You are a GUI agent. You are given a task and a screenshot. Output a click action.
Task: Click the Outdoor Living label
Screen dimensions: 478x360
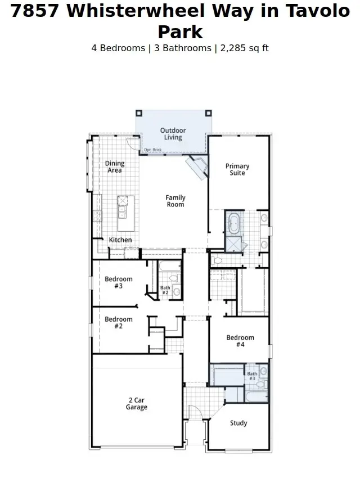(173, 134)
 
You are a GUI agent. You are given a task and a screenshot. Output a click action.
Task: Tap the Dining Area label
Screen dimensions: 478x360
(115, 167)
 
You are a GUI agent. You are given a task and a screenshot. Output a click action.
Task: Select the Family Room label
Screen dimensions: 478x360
(175, 201)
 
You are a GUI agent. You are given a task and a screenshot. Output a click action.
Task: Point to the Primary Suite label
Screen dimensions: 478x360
(237, 169)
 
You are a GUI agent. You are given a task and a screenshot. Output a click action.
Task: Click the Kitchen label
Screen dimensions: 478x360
(120, 240)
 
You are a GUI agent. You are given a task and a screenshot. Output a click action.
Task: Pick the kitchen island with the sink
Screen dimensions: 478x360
(122, 208)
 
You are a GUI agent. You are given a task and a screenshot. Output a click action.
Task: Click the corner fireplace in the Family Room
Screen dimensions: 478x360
(197, 166)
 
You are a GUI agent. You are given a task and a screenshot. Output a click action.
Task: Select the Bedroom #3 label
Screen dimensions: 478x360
(119, 282)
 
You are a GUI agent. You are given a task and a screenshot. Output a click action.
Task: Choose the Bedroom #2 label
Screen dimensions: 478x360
(119, 322)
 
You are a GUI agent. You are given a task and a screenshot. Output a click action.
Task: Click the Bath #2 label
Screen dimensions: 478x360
(165, 291)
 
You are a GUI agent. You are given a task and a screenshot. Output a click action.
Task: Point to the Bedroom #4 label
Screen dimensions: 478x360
(240, 341)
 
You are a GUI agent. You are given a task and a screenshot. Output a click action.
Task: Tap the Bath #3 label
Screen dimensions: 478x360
(252, 376)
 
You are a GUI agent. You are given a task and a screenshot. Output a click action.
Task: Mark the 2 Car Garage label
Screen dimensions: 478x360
(136, 404)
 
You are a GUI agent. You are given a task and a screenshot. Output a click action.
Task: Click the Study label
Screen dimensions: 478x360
(238, 423)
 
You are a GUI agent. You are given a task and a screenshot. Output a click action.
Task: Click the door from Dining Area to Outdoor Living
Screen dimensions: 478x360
(133, 143)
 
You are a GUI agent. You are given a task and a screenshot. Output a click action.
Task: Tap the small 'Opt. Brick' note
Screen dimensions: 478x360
(152, 150)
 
